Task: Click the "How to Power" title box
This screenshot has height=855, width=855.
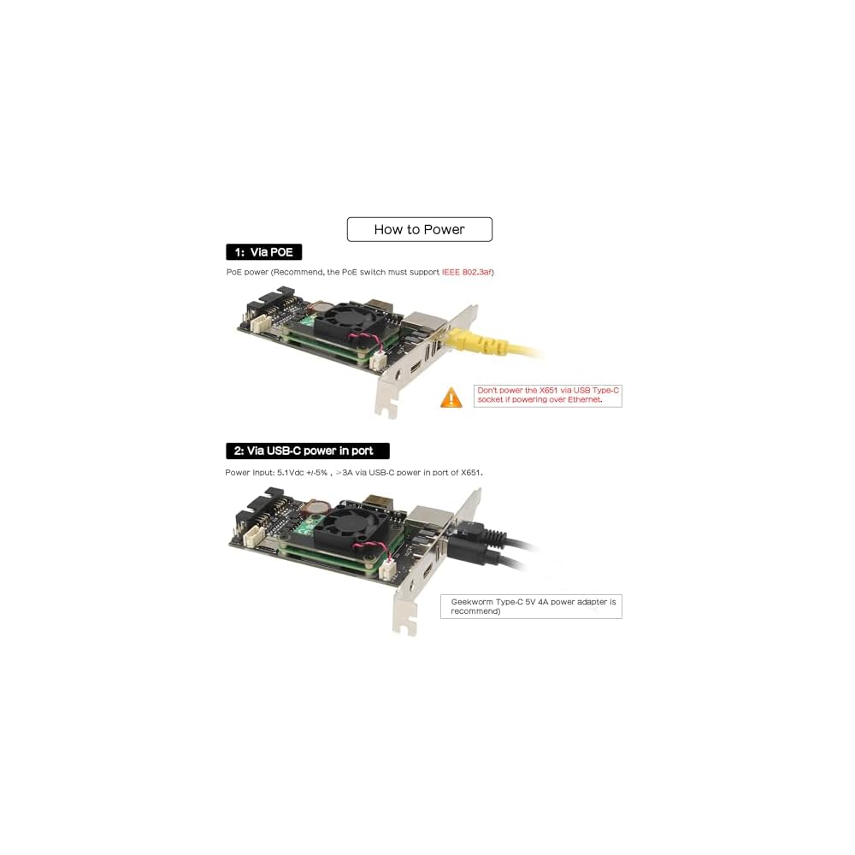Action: pos(419,229)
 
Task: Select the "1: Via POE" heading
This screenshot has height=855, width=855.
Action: pos(263,252)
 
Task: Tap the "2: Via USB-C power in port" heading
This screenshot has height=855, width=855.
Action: pos(307,451)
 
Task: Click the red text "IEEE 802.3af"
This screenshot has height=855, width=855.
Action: pos(467,272)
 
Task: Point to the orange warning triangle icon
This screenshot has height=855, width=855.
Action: pos(451,398)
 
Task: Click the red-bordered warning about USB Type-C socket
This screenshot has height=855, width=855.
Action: pos(547,395)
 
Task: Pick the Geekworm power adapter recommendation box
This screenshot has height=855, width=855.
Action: pos(531,606)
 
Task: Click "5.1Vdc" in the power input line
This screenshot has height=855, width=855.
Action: pos(292,472)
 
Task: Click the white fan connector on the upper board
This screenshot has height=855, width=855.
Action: pos(377,362)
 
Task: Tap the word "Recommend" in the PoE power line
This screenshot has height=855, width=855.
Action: pos(289,272)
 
